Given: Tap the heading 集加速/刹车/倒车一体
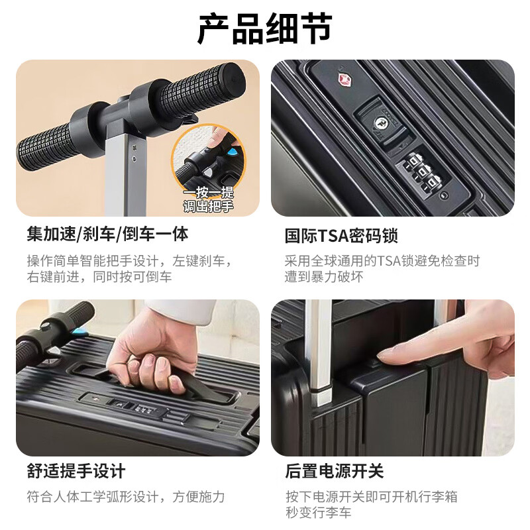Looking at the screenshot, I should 107,235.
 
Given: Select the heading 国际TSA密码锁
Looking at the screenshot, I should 341,235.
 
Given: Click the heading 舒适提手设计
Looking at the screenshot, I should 76,472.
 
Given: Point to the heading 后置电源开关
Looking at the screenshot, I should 334,472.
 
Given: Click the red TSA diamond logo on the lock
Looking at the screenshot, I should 343,80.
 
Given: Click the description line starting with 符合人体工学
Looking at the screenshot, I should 126,496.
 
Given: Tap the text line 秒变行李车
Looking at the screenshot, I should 319,513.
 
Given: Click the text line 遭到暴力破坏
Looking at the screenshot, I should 324,277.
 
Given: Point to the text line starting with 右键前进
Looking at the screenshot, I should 99,277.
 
